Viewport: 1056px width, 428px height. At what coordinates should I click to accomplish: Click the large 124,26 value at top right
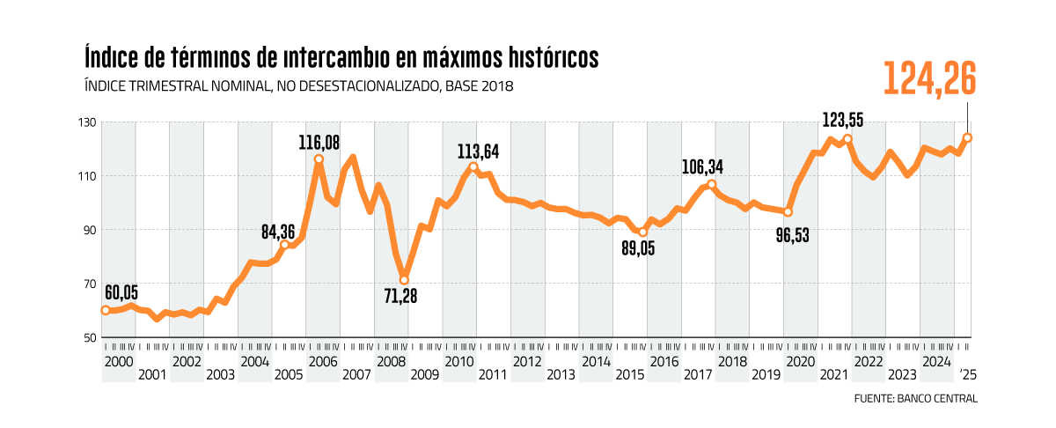pos(929,78)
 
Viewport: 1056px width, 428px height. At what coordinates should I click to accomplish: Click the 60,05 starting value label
pos(121,293)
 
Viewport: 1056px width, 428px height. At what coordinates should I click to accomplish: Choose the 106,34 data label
pos(710,166)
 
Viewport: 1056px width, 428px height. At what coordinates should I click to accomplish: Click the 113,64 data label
pos(478,151)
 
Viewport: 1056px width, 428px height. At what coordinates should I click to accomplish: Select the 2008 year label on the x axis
pos(391,362)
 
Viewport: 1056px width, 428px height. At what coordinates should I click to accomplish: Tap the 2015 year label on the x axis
pos(629,375)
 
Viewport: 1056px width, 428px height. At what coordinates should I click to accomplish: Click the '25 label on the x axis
pos(968,375)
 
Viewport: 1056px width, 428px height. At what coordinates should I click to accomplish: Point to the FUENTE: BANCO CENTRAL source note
pos(915,398)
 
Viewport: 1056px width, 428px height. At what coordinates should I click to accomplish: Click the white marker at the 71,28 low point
pos(404,280)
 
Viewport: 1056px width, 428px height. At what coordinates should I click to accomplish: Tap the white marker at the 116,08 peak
pos(319,159)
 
